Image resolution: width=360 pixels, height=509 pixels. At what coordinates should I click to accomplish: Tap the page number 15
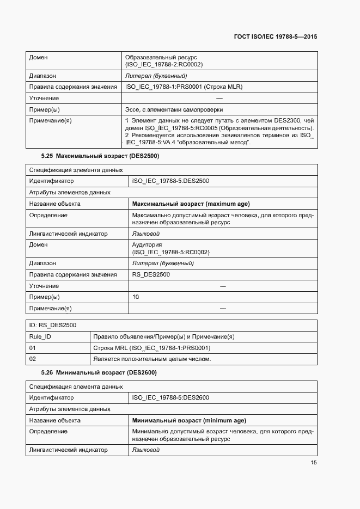pyautogui.click(x=314, y=463)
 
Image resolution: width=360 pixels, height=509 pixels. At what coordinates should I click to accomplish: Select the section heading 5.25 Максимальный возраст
pyautogui.click(x=100, y=156)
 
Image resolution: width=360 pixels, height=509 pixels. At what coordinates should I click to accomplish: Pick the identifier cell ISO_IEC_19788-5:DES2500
pyautogui.click(x=170, y=181)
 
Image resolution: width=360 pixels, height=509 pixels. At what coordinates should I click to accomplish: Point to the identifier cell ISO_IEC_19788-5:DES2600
pyautogui.click(x=170, y=397)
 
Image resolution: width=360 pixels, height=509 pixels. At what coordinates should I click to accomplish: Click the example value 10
pyautogui.click(x=136, y=297)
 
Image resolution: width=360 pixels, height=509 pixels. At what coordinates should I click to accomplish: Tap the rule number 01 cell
pyautogui.click(x=32, y=348)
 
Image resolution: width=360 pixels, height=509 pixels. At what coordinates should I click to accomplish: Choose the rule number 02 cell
pyautogui.click(x=32, y=359)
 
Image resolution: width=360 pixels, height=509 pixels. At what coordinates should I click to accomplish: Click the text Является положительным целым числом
pyautogui.click(x=152, y=359)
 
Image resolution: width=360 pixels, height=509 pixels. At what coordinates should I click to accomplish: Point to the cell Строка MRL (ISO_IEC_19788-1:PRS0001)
pyautogui.click(x=152, y=348)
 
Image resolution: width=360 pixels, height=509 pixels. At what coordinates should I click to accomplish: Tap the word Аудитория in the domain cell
pyautogui.click(x=147, y=245)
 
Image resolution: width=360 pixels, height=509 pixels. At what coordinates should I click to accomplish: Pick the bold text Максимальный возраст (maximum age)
pyautogui.click(x=191, y=204)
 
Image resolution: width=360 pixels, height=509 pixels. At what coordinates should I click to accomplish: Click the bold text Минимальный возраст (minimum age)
pyautogui.click(x=189, y=420)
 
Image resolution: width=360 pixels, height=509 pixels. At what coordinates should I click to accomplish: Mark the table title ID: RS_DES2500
pyautogui.click(x=52, y=325)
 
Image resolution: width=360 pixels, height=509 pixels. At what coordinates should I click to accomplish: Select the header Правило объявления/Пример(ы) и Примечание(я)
pyautogui.click(x=164, y=336)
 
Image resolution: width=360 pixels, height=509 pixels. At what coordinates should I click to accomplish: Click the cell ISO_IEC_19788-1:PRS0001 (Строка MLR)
pyautogui.click(x=184, y=87)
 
